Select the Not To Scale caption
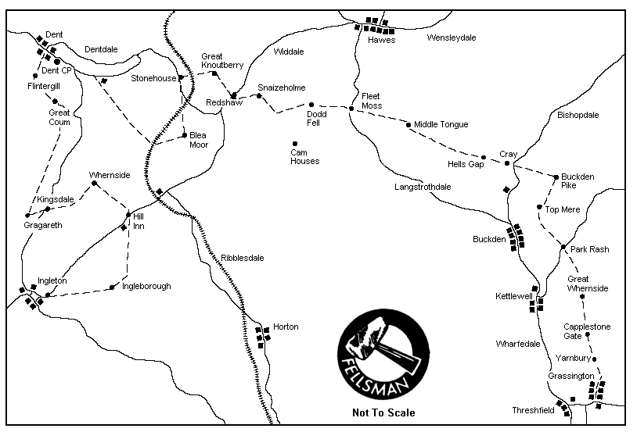(383, 413)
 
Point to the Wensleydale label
(452, 37)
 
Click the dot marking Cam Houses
(295, 143)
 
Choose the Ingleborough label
(146, 287)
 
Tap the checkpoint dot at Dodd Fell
(311, 104)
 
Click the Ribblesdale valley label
(243, 257)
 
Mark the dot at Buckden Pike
(556, 177)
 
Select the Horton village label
(286, 327)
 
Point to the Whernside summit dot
(94, 183)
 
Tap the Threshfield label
(533, 410)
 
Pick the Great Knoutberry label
(222, 61)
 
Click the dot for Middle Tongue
(408, 124)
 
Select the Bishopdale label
(578, 115)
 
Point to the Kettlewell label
(514, 296)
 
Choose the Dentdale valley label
(100, 49)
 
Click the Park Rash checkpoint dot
(563, 248)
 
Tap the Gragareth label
(42, 225)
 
